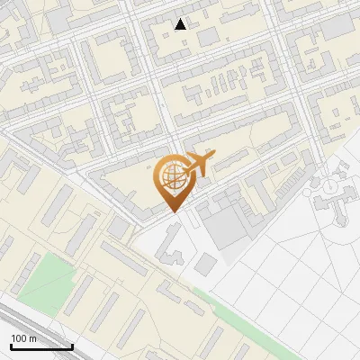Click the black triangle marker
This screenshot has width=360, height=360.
click(181, 24)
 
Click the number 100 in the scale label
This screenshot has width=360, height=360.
click(19, 338)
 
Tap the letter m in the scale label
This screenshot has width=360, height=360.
click(33, 338)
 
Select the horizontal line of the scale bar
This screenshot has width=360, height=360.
click(41, 346)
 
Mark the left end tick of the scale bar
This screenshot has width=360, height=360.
click(11, 345)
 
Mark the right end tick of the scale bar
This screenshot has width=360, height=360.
click(72, 345)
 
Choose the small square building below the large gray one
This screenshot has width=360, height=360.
click(206, 264)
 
